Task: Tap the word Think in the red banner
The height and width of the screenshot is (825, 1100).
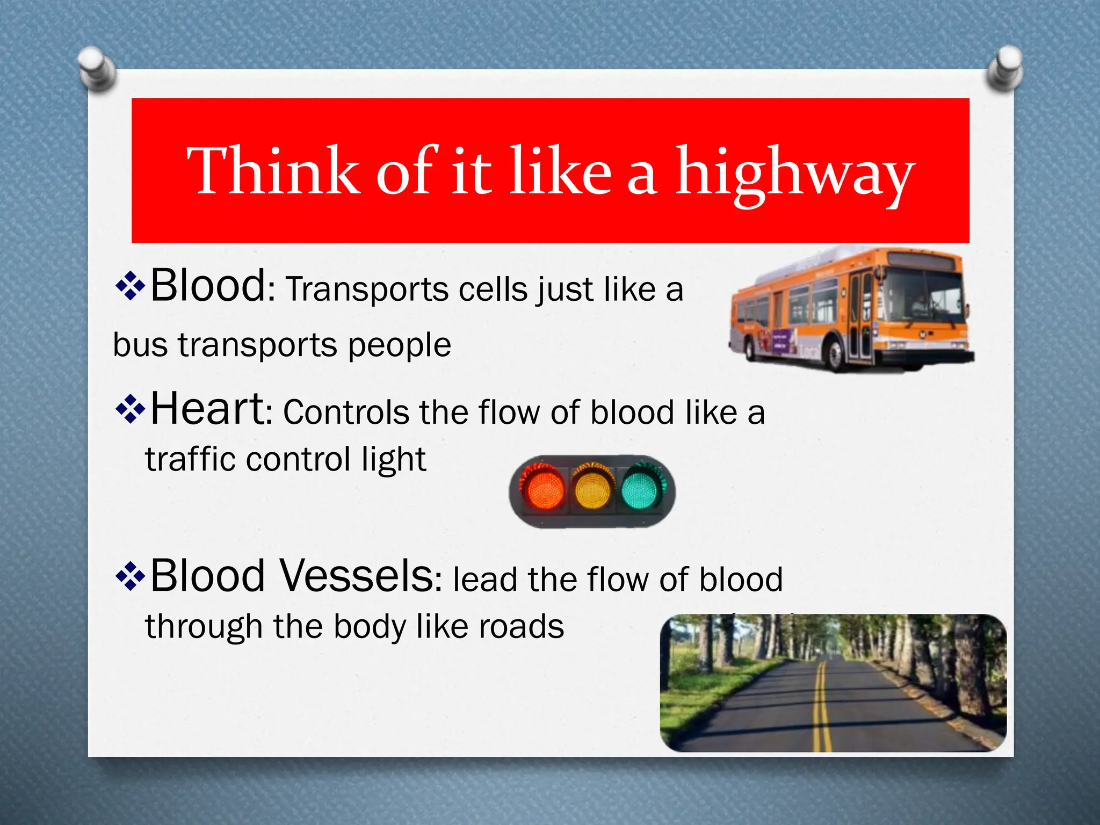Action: tap(273, 171)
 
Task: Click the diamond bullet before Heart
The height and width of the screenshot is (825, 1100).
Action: tap(131, 409)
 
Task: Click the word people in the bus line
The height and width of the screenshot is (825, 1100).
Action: tap(399, 345)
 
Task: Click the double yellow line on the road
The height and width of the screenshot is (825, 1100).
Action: tap(821, 709)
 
